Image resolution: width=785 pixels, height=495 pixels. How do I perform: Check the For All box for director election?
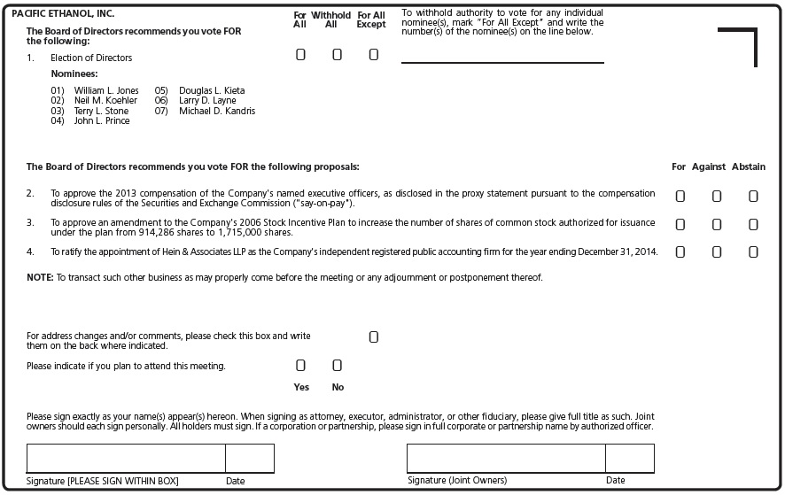pyautogui.click(x=300, y=55)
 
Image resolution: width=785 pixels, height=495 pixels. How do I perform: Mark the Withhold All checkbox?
pyautogui.click(x=337, y=55)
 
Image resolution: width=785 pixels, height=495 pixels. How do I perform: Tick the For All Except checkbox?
pyautogui.click(x=373, y=55)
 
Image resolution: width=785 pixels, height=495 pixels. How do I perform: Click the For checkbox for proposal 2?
pyautogui.click(x=680, y=197)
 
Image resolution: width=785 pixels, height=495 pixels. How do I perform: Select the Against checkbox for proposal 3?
pyautogui.click(x=717, y=225)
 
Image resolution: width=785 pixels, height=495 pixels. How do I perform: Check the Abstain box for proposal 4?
pyautogui.click(x=753, y=252)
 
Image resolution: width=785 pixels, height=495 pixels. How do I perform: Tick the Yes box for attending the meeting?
pyautogui.click(x=300, y=365)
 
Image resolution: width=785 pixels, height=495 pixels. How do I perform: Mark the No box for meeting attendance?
pyautogui.click(x=337, y=365)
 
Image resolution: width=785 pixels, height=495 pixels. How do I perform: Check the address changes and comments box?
pyautogui.click(x=373, y=337)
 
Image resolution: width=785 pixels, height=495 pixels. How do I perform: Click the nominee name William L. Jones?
pyautogui.click(x=106, y=91)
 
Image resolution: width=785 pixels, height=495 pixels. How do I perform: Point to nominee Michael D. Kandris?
pyautogui.click(x=217, y=112)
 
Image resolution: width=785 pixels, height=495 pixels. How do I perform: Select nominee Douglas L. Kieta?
pyautogui.click(x=212, y=91)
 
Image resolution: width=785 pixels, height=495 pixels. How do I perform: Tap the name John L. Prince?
pyautogui.click(x=102, y=121)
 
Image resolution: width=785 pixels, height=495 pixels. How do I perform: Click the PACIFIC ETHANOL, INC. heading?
pyautogui.click(x=63, y=14)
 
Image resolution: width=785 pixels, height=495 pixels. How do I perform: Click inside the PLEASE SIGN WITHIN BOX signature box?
pyautogui.click(x=126, y=459)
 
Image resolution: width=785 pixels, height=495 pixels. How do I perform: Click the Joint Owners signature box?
pyautogui.click(x=506, y=459)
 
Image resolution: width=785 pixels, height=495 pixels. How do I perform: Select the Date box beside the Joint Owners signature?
pyautogui.click(x=629, y=459)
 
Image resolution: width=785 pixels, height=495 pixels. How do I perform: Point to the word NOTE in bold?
pyautogui.click(x=40, y=278)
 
